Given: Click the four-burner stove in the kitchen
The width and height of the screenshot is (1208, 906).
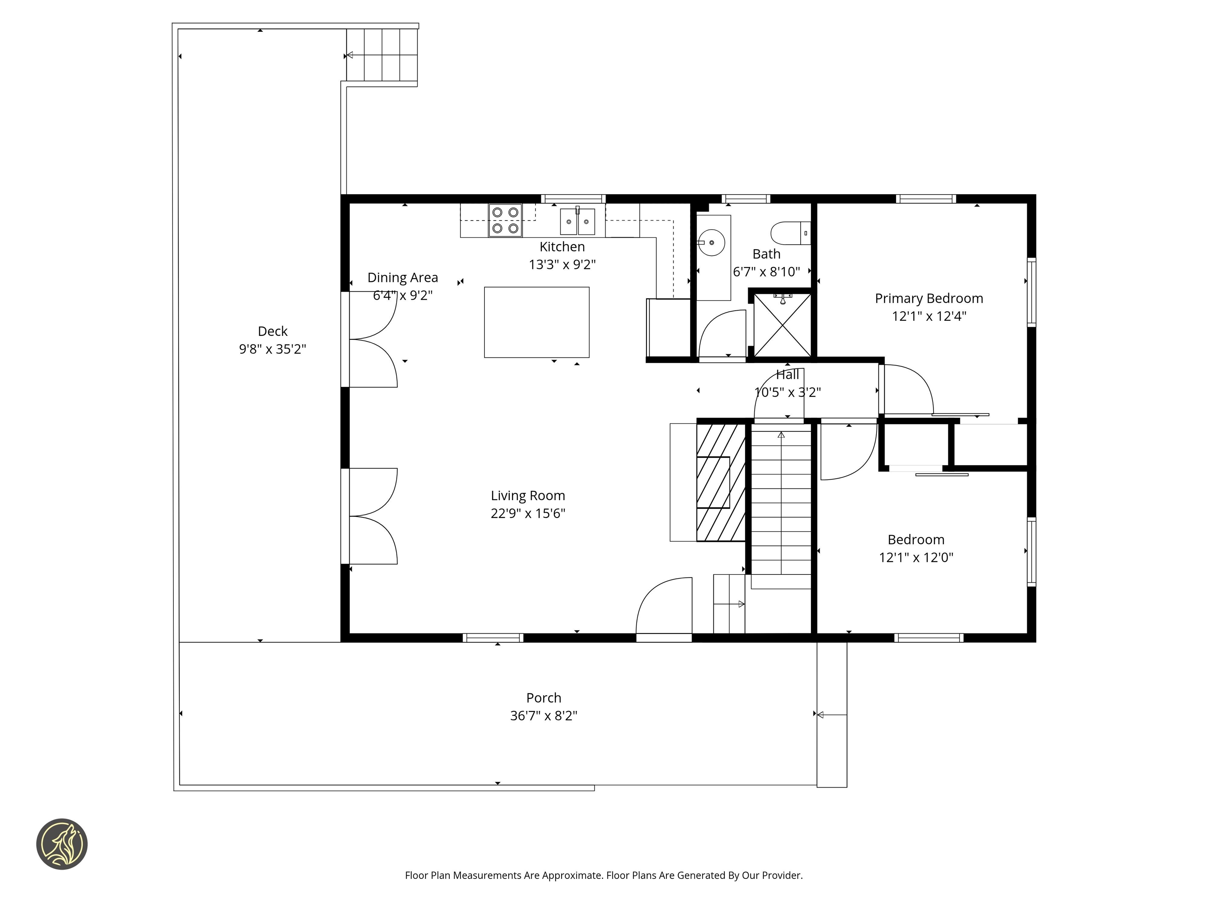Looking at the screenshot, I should click(505, 220).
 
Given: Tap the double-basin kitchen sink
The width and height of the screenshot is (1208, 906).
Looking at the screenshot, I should click(577, 221).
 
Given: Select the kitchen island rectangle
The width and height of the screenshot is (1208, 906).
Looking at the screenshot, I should click(536, 322).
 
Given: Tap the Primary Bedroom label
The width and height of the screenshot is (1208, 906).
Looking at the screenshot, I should click(928, 298).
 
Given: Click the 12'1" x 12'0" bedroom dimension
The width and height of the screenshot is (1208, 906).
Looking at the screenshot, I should click(916, 558).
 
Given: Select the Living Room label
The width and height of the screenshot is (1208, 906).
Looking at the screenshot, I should click(528, 495).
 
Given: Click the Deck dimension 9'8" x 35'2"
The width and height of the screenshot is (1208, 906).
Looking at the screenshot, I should click(272, 349).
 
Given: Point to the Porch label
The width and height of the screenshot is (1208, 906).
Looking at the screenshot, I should click(543, 698).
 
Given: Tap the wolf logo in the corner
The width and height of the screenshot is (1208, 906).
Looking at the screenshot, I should click(62, 844).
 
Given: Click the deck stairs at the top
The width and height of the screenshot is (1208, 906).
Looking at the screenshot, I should click(382, 55).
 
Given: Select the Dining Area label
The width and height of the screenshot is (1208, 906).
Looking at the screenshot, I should click(403, 278).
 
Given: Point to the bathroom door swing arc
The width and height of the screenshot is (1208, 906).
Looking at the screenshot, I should click(721, 333).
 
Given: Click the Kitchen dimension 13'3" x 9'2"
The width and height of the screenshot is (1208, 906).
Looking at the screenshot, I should click(562, 264).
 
